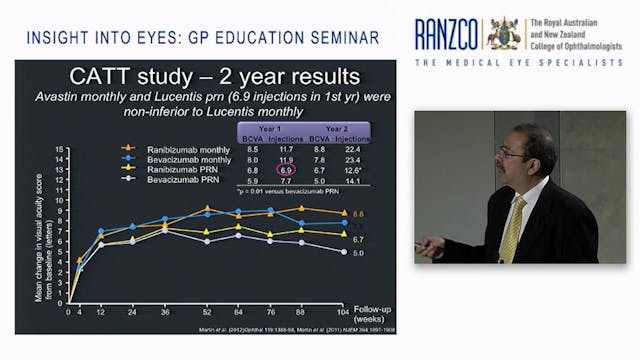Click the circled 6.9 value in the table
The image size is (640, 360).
click(286, 172)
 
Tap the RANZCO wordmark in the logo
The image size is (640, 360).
click(447, 34)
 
